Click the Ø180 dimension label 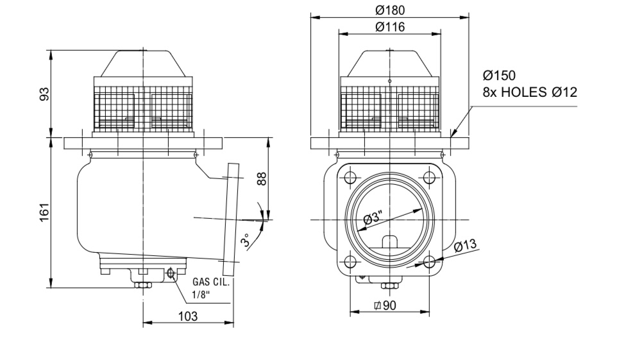click(x=389, y=10)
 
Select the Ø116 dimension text click(x=389, y=27)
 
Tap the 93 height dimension click(x=45, y=94)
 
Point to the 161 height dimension click(x=45, y=212)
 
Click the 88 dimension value click(x=261, y=178)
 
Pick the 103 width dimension click(x=187, y=316)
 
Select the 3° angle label click(x=246, y=239)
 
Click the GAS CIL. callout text click(x=211, y=282)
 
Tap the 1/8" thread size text click(x=201, y=295)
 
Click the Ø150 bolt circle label click(x=499, y=75)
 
